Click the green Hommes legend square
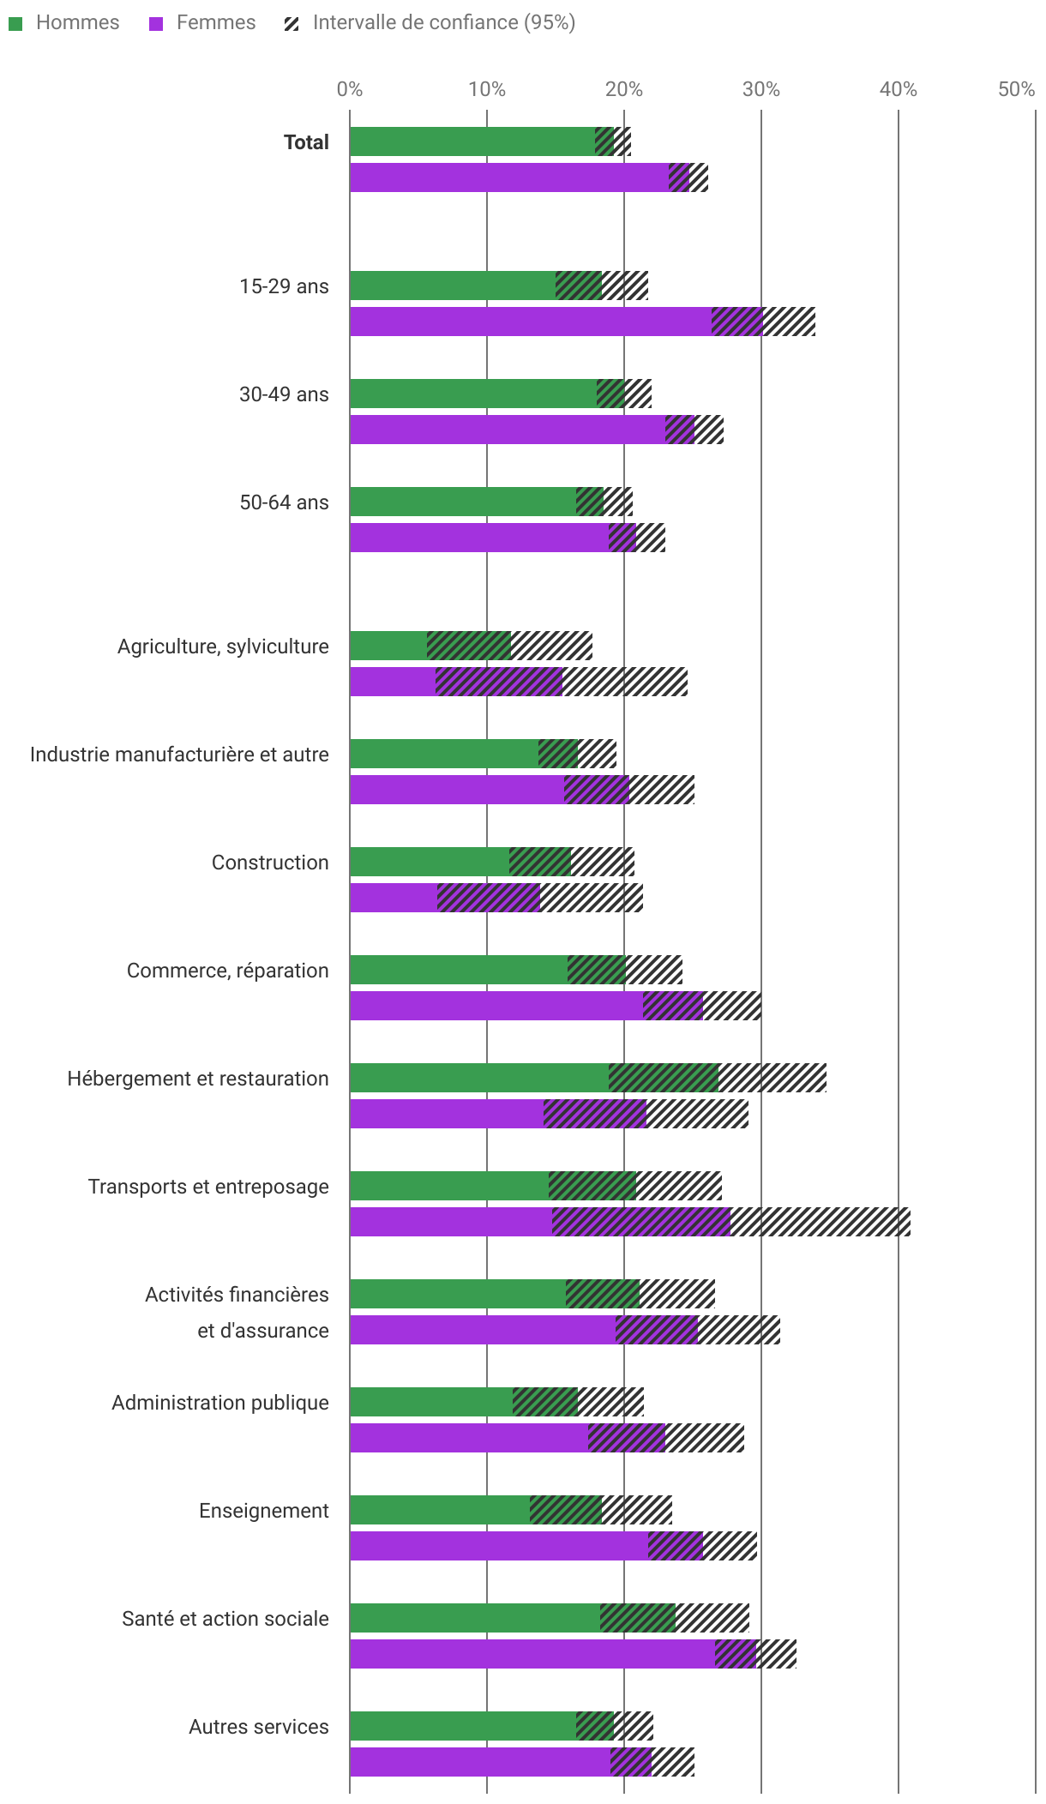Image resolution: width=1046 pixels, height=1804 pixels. point(15,24)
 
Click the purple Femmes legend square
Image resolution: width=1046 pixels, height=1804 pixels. point(156,24)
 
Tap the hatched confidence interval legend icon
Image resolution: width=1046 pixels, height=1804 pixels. point(292,24)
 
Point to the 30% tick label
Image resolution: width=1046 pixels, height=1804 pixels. point(760,89)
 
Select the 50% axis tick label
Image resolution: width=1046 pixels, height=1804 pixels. point(1016,89)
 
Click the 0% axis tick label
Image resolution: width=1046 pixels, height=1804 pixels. point(350,89)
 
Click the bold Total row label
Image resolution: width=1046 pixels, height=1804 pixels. point(306,142)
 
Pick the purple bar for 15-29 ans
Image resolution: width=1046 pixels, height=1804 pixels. point(532,322)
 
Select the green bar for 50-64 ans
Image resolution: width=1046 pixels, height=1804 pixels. point(463,502)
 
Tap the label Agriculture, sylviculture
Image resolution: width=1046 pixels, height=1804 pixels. point(223,646)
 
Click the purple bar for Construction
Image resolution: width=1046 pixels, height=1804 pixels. point(394,898)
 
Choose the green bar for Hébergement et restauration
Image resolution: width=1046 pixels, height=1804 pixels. point(480,1078)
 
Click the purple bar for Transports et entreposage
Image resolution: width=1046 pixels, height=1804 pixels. point(452,1222)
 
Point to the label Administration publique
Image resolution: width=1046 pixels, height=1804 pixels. point(220,1403)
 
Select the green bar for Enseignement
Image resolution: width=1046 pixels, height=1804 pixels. point(440,1510)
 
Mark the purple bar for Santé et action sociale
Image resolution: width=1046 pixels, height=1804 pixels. point(532,1654)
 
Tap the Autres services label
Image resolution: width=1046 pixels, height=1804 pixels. point(259,1727)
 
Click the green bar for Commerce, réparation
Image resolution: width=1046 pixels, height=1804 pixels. point(459,970)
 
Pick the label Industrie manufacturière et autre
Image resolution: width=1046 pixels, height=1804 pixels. point(179,755)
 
